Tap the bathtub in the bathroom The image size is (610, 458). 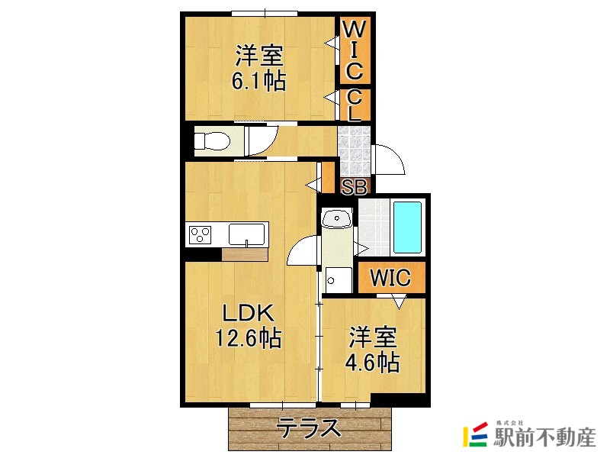409,228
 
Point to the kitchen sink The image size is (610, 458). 247,233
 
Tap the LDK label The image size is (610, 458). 248,313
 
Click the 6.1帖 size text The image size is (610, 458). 258,81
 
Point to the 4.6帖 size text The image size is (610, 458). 372,362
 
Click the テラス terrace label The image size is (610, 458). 309,428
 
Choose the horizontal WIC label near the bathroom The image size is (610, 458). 390,278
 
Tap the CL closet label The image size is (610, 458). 355,105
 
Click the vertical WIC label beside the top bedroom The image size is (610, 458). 355,51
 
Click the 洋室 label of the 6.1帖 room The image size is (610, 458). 259,56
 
